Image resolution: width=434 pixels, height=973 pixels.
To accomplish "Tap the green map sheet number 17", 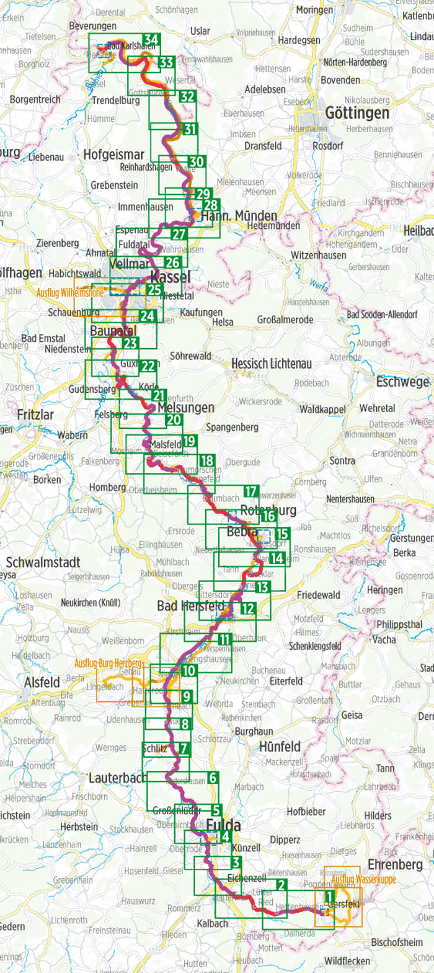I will [250, 492].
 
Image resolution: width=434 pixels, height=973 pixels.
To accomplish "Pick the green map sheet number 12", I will [248, 609].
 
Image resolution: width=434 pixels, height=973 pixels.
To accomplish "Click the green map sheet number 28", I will [211, 205].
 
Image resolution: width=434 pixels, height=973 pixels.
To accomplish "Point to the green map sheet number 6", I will [212, 778].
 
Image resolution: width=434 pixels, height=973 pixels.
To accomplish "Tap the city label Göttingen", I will [357, 112].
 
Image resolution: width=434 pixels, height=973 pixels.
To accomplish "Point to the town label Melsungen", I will [186, 408].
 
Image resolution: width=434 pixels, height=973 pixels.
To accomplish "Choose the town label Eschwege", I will [402, 382].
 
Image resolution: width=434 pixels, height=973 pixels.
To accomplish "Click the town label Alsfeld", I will [42, 682].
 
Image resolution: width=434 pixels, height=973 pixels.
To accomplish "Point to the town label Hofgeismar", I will [113, 155].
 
